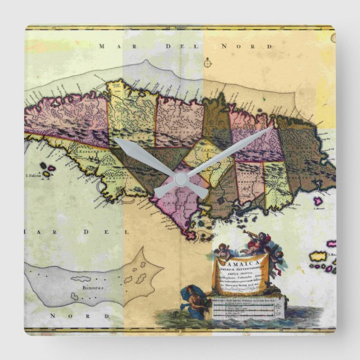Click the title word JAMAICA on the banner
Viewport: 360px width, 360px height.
click(x=241, y=261)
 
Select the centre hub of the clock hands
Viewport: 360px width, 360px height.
click(x=180, y=179)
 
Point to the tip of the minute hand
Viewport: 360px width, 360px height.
click(x=271, y=129)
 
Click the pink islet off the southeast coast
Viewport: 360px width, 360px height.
click(x=318, y=200)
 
